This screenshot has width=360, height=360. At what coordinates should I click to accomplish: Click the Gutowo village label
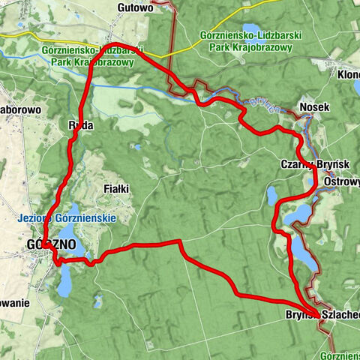136,7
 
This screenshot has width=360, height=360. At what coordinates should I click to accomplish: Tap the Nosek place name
314,107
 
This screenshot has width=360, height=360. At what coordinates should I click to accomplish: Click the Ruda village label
80,125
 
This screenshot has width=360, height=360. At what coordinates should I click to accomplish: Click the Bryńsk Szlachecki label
322,314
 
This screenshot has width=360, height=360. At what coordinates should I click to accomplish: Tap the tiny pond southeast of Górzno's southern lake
97,301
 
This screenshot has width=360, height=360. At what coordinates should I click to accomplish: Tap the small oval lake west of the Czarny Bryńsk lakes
273,196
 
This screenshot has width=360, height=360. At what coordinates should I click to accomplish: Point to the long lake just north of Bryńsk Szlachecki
298,248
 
